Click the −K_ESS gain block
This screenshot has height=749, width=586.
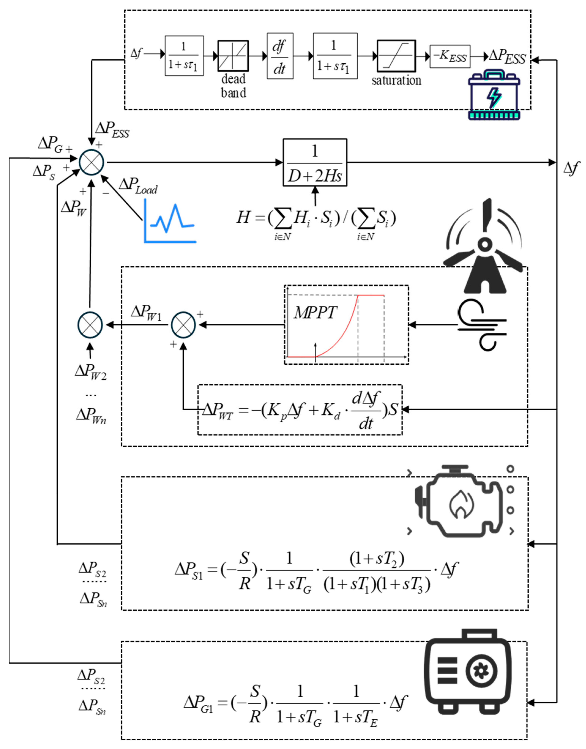tap(450, 56)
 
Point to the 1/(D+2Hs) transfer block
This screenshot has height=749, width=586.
tap(315, 162)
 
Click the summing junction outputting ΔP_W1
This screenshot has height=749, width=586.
tap(183, 324)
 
